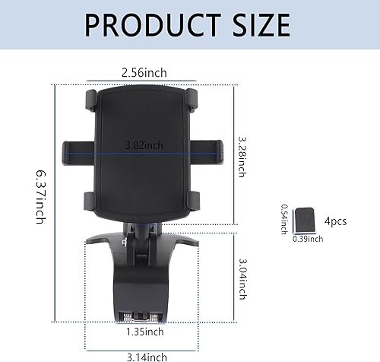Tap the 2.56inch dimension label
[x=144, y=73]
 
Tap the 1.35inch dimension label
[x=144, y=332]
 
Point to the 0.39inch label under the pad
[x=309, y=239]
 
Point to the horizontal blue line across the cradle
[x=114, y=151]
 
